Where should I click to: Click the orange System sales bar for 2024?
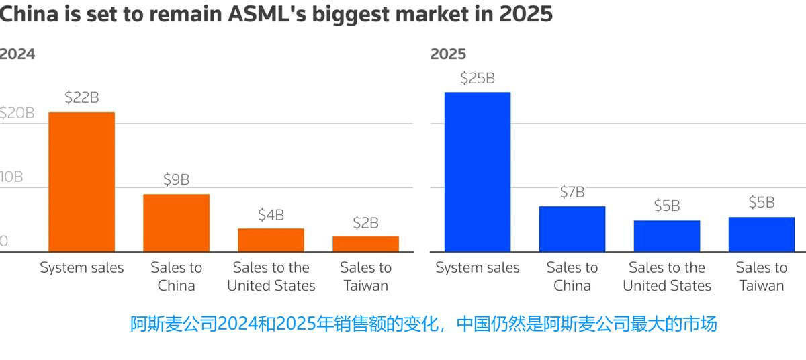[81, 182]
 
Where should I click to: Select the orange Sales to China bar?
[176, 223]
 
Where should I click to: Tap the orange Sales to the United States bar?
[271, 240]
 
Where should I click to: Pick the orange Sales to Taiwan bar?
[365, 244]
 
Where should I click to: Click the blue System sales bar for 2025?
[478, 172]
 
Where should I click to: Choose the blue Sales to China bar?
[572, 229]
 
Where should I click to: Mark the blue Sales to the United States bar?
[667, 236]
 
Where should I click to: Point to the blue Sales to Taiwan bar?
[762, 234]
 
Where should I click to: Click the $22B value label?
[81, 97]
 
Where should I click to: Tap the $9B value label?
[176, 179]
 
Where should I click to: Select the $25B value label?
[478, 78]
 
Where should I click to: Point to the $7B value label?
[572, 192]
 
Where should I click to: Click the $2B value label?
[365, 222]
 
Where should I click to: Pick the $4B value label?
[271, 215]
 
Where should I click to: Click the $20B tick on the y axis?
[17, 113]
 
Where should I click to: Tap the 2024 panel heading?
[17, 54]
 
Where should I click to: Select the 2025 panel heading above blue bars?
[448, 54]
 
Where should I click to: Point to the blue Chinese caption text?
[423, 324]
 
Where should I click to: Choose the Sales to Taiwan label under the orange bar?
[365, 276]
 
